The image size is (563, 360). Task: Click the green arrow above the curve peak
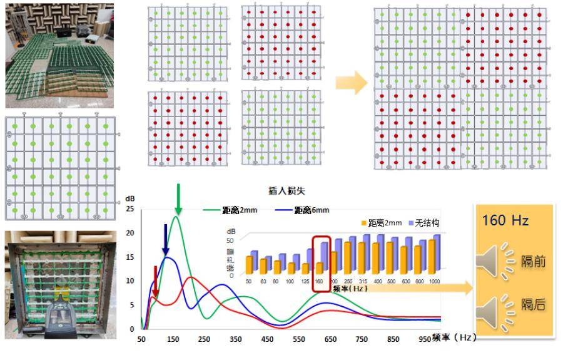tap(179, 198)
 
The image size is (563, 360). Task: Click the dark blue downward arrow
tap(166, 239)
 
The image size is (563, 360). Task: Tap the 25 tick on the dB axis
tap(130, 208)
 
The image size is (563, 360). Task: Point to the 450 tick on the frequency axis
tap(268, 339)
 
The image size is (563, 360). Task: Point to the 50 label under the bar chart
tap(250, 282)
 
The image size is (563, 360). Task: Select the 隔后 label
tap(533, 304)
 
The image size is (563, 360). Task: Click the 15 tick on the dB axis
tap(130, 257)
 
